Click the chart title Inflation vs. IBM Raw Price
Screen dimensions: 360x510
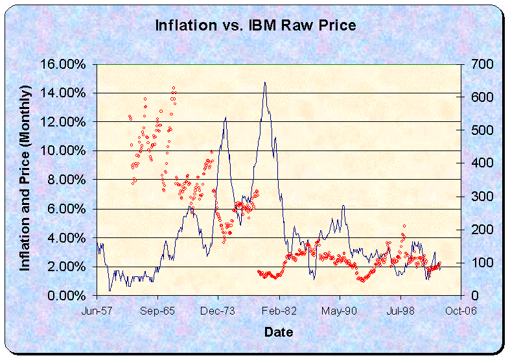(255, 25)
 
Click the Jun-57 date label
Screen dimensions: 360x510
(97, 311)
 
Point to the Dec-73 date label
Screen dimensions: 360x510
(218, 311)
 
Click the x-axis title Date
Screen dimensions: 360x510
(278, 332)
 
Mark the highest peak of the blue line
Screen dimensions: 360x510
(264, 82)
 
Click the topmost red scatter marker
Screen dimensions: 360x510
(174, 88)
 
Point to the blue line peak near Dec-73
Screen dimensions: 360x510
(226, 117)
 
